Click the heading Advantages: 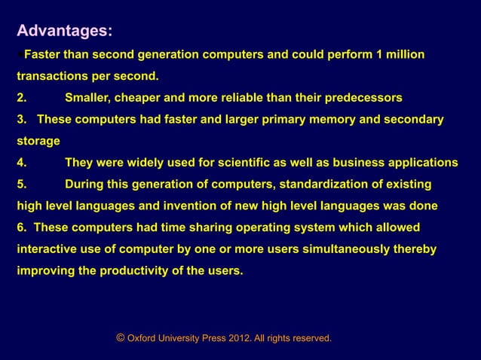[x=65, y=31]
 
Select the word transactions [x=53, y=76]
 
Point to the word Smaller [x=87, y=98]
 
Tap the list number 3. [x=22, y=119]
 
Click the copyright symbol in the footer [x=120, y=338]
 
